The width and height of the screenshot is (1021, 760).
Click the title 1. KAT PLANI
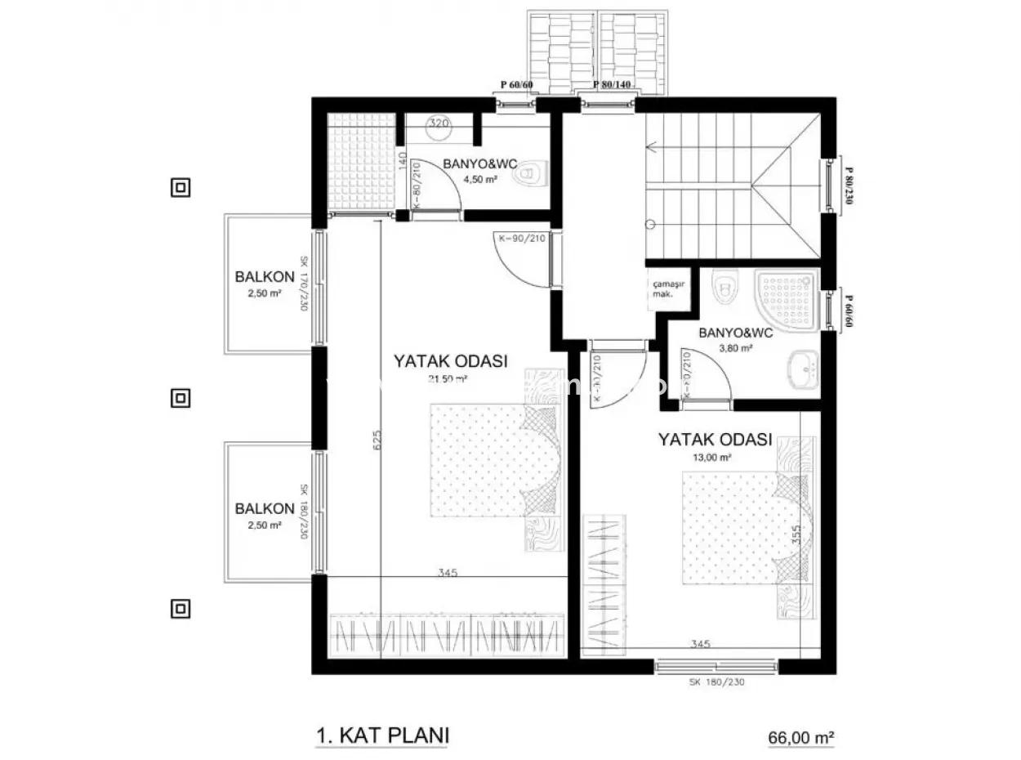click(382, 735)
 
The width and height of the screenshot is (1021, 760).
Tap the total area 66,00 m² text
click(800, 737)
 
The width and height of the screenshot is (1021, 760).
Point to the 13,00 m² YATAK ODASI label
click(715, 440)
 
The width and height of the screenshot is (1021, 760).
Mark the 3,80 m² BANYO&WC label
click(736, 333)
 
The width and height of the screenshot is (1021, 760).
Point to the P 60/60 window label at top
click(517, 85)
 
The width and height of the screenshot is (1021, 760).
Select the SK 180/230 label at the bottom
click(716, 682)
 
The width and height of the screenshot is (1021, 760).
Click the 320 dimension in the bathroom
click(439, 124)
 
